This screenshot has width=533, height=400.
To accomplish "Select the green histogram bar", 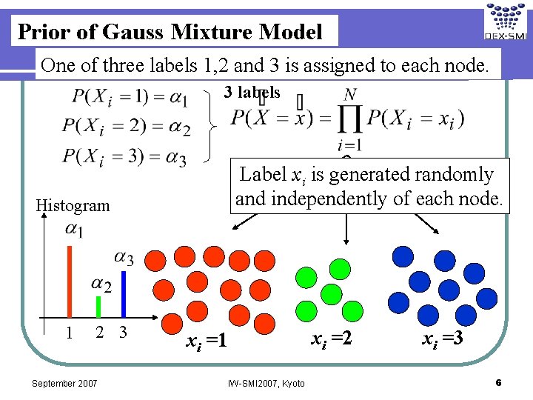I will click(98, 306).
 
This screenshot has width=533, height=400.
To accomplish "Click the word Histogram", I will click(73, 205).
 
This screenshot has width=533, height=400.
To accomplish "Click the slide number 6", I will click(499, 382).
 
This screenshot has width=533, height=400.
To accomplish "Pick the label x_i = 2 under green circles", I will click(331, 339).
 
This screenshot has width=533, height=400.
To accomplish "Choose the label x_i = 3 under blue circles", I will click(443, 339).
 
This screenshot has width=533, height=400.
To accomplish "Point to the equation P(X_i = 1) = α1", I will click(130, 97).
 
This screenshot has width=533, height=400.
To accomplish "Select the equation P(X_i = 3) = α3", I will click(124, 156).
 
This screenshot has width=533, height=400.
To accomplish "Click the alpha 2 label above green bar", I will click(101, 284).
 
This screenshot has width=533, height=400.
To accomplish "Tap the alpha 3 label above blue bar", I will click(123, 259).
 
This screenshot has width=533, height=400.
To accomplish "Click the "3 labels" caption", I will click(252, 93).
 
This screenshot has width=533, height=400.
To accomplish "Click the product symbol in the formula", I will click(351, 118).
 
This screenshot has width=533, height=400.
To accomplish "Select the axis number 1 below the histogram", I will click(69, 333).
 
